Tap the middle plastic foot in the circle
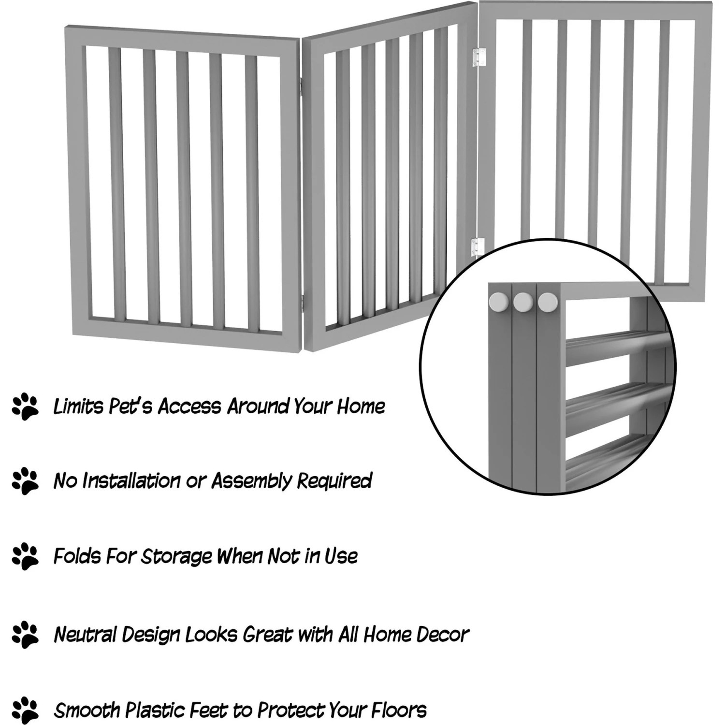[x=523, y=302]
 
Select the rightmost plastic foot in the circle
[x=548, y=302]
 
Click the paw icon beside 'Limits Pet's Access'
[x=25, y=406]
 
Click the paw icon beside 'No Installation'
[x=25, y=480]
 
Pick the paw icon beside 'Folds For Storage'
[x=25, y=556]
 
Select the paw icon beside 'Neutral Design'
[x=25, y=634]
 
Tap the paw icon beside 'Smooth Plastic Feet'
[x=25, y=710]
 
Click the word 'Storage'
[x=176, y=556]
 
